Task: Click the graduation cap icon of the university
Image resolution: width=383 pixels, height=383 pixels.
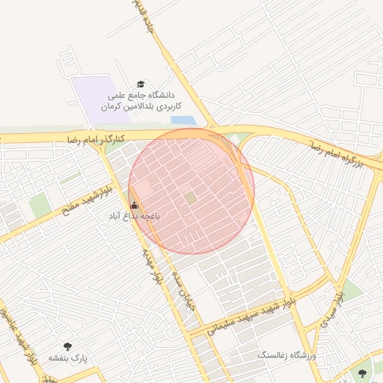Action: [x=140, y=84]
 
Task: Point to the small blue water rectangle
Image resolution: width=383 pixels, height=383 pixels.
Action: [x=182, y=120]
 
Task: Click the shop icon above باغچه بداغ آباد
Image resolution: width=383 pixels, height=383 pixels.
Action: [x=135, y=205]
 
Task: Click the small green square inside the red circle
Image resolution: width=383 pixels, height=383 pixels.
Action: [x=191, y=197]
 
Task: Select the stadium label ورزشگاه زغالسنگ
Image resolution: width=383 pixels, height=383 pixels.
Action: [x=288, y=355]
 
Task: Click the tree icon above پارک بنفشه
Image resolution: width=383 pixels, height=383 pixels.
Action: [x=69, y=346]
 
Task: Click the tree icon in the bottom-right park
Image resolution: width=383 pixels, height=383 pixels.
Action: [x=364, y=372]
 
